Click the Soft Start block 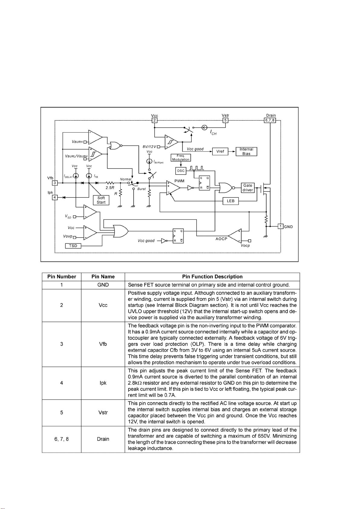[x=101, y=200]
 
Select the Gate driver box [x=248, y=188]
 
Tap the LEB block [x=231, y=201]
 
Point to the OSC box [x=181, y=171]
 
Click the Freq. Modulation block [x=180, y=158]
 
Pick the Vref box [x=220, y=151]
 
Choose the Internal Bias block [x=246, y=151]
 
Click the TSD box [x=73, y=246]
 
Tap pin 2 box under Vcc [x=154, y=120]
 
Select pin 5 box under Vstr [x=225, y=120]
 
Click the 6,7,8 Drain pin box [x=270, y=120]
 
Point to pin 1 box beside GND [x=281, y=226]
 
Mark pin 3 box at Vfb [x=55, y=183]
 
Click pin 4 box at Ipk [x=55, y=198]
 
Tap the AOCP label [x=221, y=239]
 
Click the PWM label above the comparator [x=180, y=181]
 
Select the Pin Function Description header [x=212, y=276]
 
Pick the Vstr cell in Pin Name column [x=103, y=412]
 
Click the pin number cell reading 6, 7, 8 [x=62, y=439]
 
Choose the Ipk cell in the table [x=103, y=383]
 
